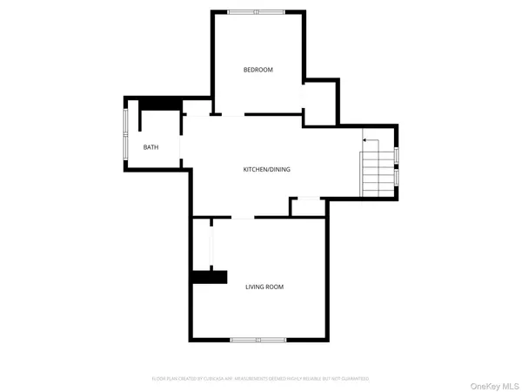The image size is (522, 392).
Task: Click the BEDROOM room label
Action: (258, 70)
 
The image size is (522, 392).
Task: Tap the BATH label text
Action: (151, 147)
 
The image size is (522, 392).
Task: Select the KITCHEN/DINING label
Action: (266, 169)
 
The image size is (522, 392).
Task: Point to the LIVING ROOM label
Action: (264, 287)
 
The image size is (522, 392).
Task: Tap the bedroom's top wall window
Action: (255, 11)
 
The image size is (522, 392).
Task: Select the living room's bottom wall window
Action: (258, 339)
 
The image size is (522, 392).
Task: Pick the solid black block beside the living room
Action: (209, 277)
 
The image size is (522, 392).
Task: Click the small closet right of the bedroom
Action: (320, 103)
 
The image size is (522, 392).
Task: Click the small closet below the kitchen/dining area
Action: (308, 207)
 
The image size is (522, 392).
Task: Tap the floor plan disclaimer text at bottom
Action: (260, 379)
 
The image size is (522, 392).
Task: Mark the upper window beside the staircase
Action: (397, 156)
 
